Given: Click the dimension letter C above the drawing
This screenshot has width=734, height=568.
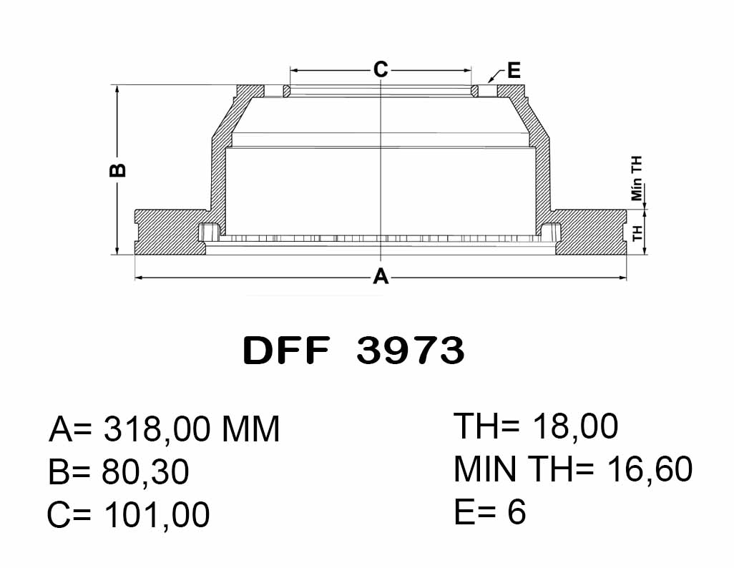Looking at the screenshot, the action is pyautogui.click(x=381, y=70).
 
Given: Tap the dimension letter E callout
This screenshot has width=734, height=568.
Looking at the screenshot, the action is pyautogui.click(x=514, y=71).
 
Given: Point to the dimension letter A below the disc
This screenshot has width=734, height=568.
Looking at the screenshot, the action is pyautogui.click(x=381, y=276).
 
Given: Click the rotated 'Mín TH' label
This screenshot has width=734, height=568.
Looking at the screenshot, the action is pyautogui.click(x=637, y=178).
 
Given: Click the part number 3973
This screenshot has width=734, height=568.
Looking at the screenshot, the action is pyautogui.click(x=411, y=351).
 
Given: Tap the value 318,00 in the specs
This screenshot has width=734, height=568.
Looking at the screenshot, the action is pyautogui.click(x=157, y=429).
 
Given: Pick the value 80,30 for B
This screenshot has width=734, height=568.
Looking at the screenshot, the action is pyautogui.click(x=145, y=471).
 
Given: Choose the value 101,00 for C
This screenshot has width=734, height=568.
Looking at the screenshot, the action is pyautogui.click(x=157, y=514).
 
